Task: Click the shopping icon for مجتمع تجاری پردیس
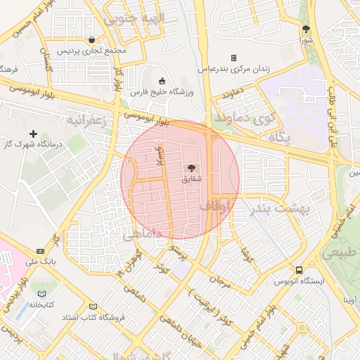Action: pos(93,40)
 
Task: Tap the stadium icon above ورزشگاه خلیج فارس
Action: pos(162,80)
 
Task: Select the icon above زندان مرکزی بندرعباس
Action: pos(233,58)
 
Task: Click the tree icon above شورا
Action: pos(305,29)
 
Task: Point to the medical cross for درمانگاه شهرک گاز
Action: pos(33,133)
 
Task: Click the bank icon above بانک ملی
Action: pos(40,251)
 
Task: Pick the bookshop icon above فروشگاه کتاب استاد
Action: pos(93,306)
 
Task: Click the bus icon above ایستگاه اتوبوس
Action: pos(300,270)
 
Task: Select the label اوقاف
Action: pos(214,207)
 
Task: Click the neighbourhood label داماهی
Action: pos(143,234)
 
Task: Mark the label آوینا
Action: pos(349,300)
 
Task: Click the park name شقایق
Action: pos(191,179)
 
